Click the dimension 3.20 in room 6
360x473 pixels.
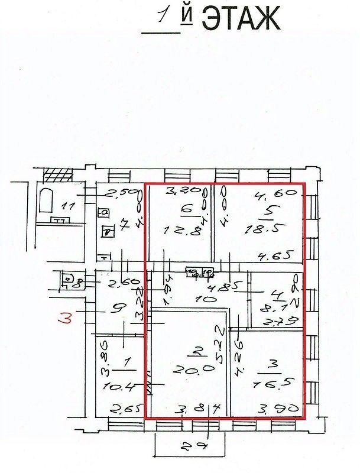click(179, 191)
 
